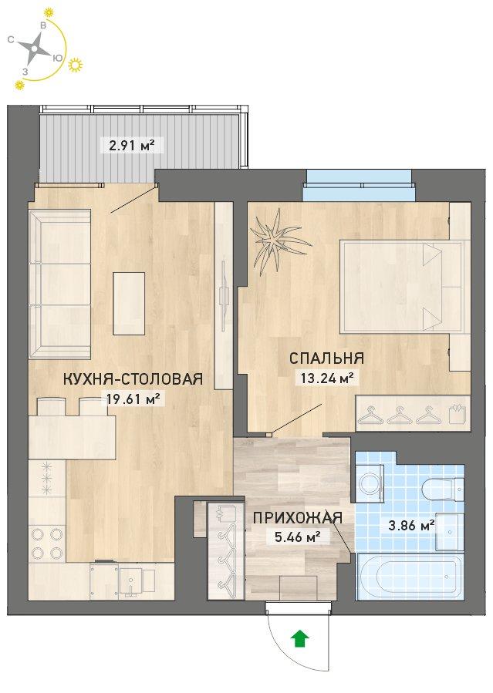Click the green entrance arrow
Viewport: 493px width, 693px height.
300,638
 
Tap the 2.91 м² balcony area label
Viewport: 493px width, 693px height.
132,145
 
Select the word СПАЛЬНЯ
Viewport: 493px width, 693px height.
327,358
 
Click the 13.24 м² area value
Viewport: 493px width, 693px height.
327,378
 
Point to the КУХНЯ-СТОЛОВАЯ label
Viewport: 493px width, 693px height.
133,378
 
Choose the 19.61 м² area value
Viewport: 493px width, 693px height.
133,399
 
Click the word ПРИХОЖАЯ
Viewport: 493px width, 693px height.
298,517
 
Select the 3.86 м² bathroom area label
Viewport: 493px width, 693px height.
410,526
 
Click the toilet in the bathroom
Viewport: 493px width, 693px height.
443,489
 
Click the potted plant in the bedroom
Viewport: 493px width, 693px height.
278,241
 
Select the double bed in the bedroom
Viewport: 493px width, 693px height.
404,287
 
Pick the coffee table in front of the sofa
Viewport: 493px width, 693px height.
129,303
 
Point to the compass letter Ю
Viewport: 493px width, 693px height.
57,58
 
